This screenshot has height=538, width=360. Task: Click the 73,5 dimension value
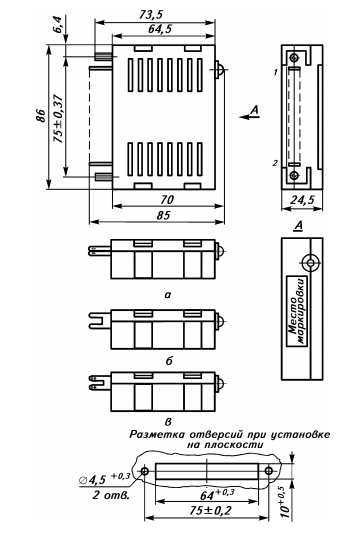(x=151, y=15)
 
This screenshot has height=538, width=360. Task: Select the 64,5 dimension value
(x=160, y=29)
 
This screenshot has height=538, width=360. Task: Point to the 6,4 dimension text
(x=59, y=24)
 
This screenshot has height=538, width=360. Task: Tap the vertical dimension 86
(x=40, y=115)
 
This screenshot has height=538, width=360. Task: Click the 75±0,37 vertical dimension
(x=59, y=118)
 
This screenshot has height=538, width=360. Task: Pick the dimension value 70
(x=167, y=199)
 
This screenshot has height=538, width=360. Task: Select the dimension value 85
(x=163, y=215)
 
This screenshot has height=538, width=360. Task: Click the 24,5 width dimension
(x=302, y=200)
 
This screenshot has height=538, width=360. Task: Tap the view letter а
(x=167, y=294)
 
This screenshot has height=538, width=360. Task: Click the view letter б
(x=169, y=361)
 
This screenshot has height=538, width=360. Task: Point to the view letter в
(x=168, y=421)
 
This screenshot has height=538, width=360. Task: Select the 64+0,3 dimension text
(x=217, y=494)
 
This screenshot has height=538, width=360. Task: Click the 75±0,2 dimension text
(x=210, y=511)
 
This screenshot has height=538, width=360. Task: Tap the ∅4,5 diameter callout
(x=104, y=479)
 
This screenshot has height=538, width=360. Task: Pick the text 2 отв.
(x=111, y=495)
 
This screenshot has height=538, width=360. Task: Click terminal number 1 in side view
(x=275, y=72)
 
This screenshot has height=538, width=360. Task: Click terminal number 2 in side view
(x=275, y=163)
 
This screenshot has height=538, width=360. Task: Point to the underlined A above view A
(x=299, y=225)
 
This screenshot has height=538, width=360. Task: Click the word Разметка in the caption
(x=156, y=434)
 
